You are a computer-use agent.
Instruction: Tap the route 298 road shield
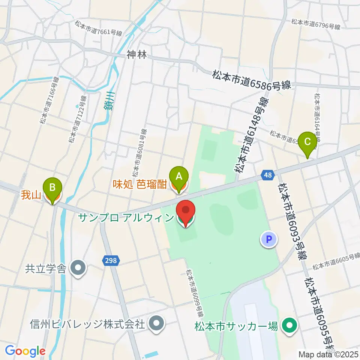pos(111,260)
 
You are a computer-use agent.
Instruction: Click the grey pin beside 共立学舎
pos(79,268)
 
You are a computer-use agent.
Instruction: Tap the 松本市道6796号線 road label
pos(316,24)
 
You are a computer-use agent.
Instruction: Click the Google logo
pos(25,351)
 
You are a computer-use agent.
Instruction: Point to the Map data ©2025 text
pos(328,354)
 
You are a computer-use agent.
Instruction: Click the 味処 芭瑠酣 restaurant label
pos(140,184)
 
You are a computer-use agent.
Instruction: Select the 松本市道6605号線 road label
pos(336,261)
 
